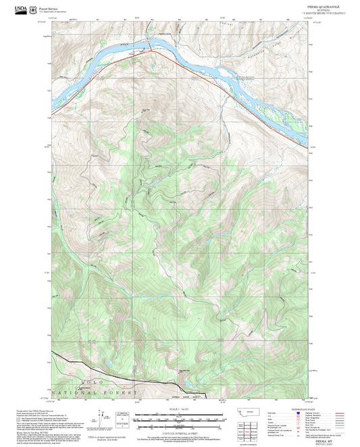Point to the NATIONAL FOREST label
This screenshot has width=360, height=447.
pyautogui.click(x=107, y=391)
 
